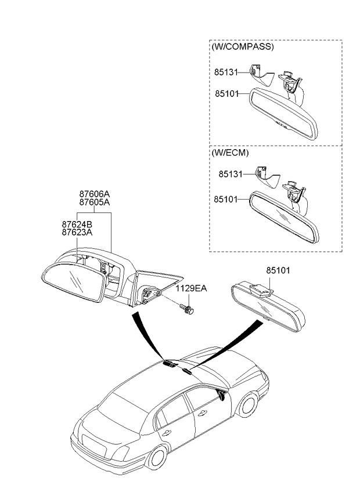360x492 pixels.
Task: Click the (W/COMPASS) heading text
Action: coord(243,47)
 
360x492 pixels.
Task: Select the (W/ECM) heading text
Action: coord(231,153)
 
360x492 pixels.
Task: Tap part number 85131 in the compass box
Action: coord(226,72)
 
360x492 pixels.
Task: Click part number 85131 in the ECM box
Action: coord(231,174)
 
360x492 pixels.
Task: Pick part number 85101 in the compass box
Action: coord(227,93)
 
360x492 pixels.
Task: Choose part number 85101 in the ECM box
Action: coord(226,199)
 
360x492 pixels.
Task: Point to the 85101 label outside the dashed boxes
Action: coord(278,270)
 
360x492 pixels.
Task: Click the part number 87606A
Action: coord(95,194)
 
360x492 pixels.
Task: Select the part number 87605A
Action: coord(95,202)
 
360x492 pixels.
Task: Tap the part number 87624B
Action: coord(77,225)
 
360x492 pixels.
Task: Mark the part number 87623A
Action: coord(77,233)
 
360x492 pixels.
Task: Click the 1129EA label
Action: coord(191,288)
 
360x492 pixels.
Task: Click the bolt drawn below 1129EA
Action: coord(186,309)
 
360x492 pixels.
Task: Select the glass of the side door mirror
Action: coord(74,281)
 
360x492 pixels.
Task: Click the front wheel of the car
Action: coord(248,404)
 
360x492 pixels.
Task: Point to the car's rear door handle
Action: coord(166,433)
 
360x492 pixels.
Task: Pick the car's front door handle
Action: coord(202,413)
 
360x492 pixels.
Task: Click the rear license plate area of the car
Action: coord(93,446)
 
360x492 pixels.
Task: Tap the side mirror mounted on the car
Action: coord(221,395)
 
